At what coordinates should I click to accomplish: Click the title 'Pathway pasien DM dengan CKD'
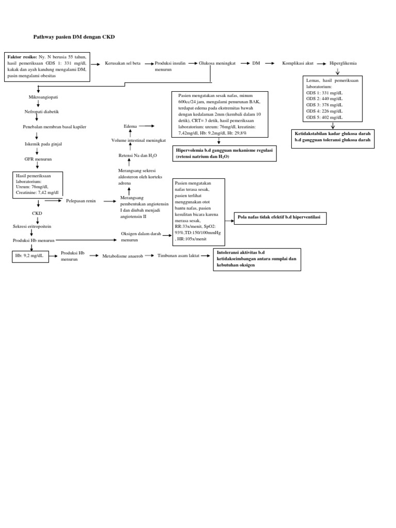click(x=74, y=37)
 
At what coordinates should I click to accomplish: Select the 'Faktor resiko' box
click(x=47, y=66)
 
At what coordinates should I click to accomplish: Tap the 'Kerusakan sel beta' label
click(x=122, y=63)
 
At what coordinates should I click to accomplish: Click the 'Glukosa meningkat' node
click(x=217, y=63)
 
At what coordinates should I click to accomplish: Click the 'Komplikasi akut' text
click(x=298, y=63)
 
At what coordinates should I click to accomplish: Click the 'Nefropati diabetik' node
click(x=42, y=111)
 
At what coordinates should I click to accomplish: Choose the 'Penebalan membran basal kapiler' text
click(x=54, y=127)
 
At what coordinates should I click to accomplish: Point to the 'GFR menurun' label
click(x=38, y=159)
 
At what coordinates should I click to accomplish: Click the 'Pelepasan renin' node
click(x=81, y=201)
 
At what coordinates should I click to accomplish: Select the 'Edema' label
click(x=130, y=126)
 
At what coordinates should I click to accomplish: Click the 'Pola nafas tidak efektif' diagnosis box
click(x=280, y=218)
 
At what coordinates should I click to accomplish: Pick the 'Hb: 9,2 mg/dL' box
click(x=31, y=256)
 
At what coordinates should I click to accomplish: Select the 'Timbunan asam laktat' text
click(x=178, y=255)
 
